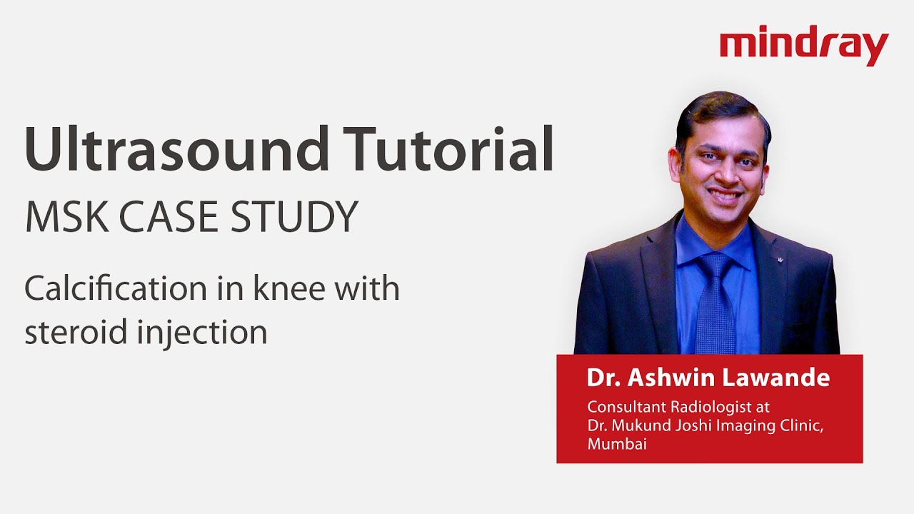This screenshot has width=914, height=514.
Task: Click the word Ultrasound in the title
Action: tap(172, 149)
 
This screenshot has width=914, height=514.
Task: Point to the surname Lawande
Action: tap(775, 378)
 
